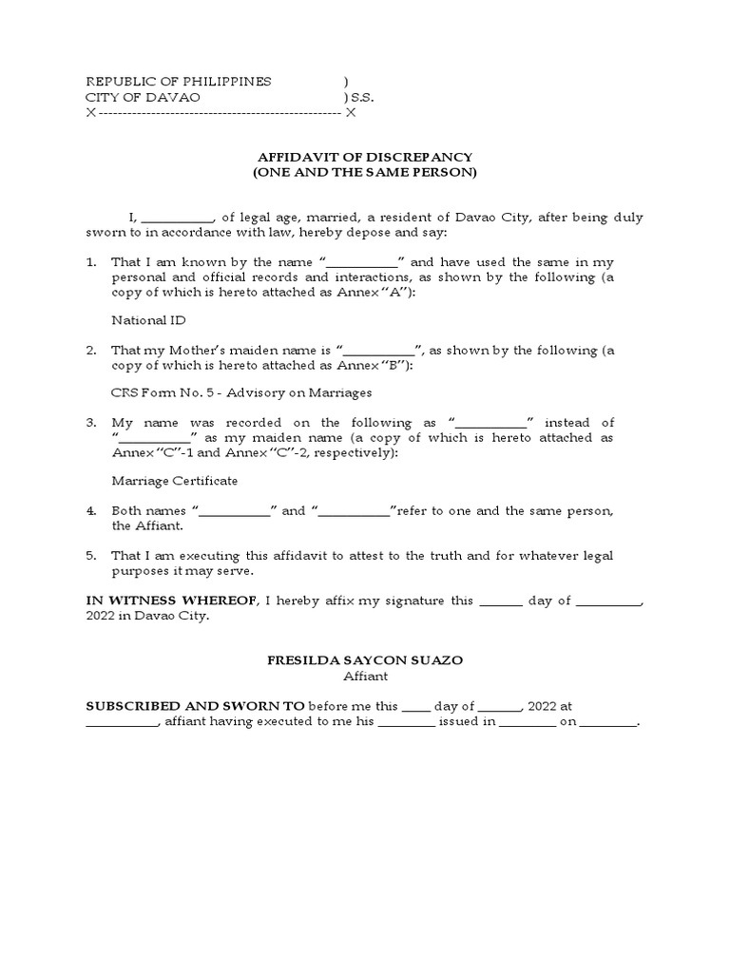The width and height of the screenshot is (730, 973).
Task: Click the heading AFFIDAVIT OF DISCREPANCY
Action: [x=365, y=157]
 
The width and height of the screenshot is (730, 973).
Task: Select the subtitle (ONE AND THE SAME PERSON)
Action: [x=365, y=173]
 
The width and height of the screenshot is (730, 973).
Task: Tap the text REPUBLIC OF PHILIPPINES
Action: [x=179, y=82]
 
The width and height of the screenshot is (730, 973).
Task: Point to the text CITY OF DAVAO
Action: [x=144, y=98]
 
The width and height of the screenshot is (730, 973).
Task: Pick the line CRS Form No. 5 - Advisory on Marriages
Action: [x=241, y=391]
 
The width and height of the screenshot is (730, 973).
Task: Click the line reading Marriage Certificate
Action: [x=175, y=481]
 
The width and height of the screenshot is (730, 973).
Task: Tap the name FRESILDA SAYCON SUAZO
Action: [x=365, y=659]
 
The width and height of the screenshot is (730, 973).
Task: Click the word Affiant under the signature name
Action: [x=365, y=677]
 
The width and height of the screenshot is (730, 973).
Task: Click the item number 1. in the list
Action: [x=91, y=261]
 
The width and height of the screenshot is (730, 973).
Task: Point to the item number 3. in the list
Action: [x=91, y=422]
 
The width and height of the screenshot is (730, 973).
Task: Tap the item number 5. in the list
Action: [x=91, y=556]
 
